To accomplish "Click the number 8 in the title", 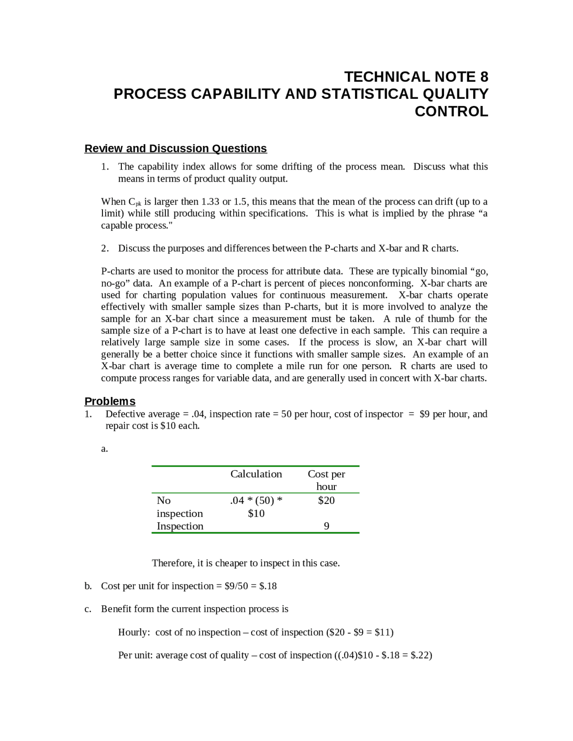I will [x=484, y=77].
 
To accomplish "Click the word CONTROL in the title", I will [x=451, y=111].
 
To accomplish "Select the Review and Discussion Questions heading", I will [x=175, y=149].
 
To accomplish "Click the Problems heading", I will [x=110, y=401].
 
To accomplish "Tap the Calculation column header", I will [x=256, y=474].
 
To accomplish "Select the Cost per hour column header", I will [x=326, y=480].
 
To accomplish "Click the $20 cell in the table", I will [x=326, y=501].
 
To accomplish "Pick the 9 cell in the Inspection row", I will [x=326, y=526].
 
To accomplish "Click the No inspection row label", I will [x=180, y=507].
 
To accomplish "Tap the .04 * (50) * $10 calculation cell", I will [x=256, y=507].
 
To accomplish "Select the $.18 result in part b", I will [x=268, y=586].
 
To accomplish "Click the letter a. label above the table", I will [x=104, y=449].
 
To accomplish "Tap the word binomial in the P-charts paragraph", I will [x=449, y=272].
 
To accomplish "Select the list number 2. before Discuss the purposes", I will [x=105, y=249].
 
